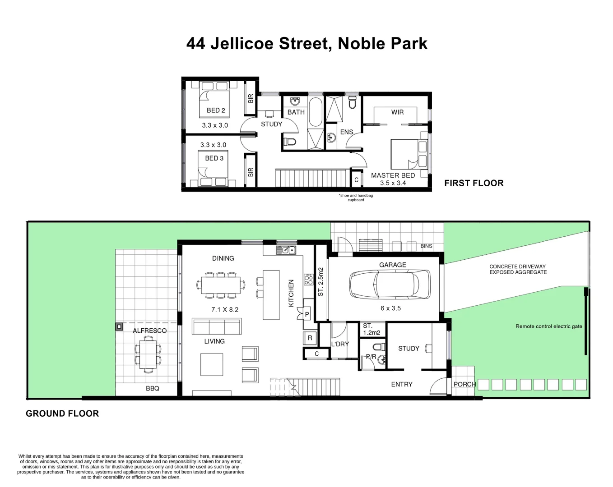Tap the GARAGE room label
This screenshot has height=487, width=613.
392,265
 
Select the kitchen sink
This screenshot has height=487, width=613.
286,250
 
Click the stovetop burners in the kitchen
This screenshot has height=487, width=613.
308,280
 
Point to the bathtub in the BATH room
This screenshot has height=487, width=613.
315,112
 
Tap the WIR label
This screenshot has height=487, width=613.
397,112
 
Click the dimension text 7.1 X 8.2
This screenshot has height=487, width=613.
225,309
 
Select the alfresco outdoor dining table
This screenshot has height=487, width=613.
148,355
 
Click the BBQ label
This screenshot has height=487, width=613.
152,388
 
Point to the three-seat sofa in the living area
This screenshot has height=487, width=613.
217,326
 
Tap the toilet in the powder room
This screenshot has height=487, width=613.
380,347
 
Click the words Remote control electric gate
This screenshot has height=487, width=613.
548,326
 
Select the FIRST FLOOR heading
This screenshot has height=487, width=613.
474,183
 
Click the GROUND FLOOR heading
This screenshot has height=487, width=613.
62,413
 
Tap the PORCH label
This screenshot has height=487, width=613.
464,384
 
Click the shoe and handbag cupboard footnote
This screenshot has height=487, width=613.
356,198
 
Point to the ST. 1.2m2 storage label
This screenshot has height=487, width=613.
372,329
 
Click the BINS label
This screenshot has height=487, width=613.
426,246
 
